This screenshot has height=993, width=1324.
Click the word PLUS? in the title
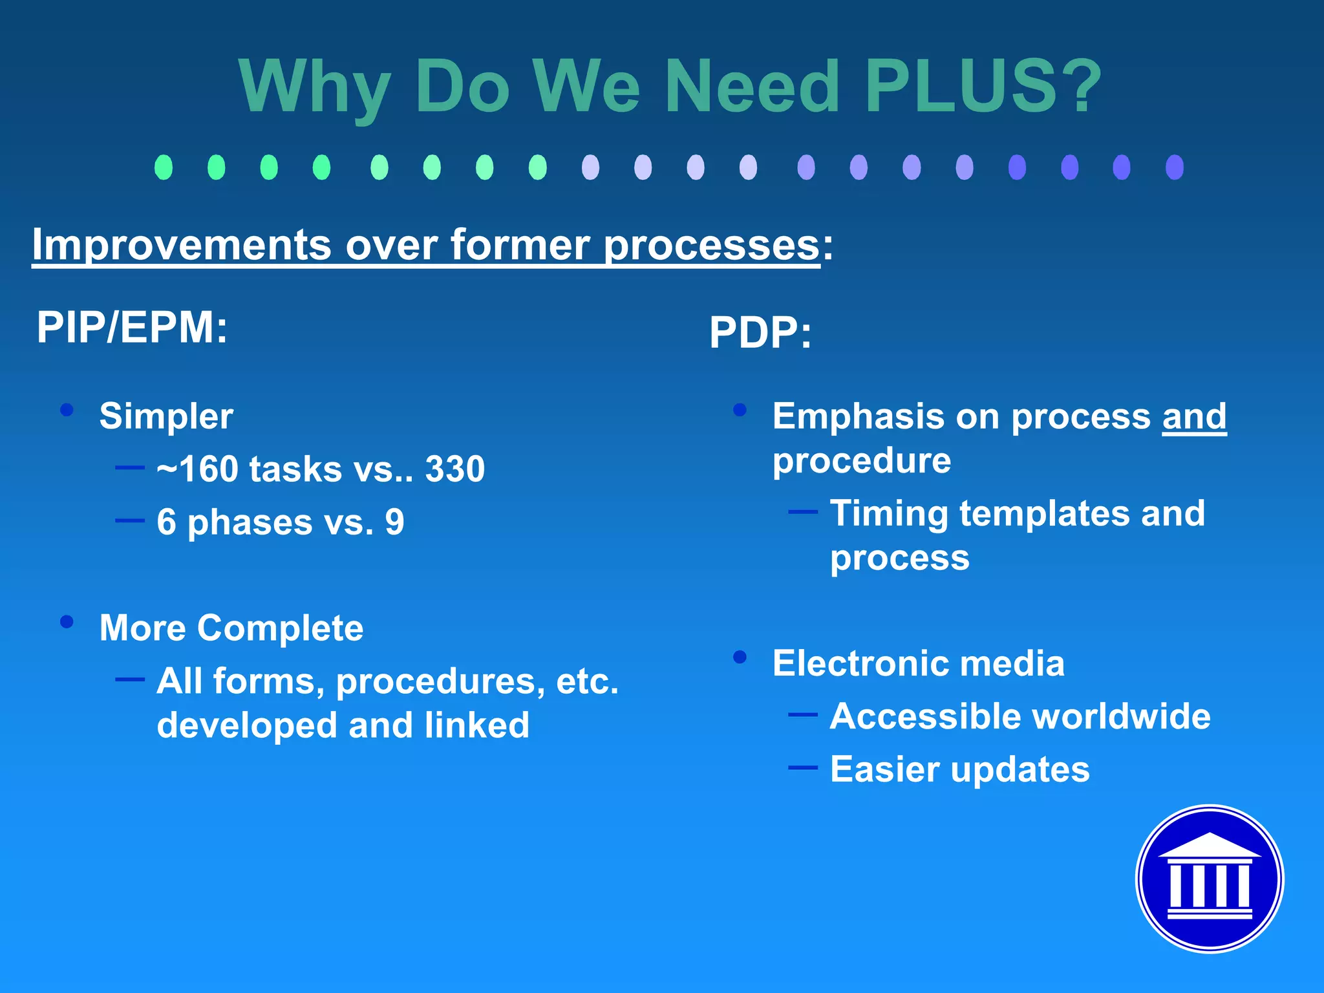tap(983, 86)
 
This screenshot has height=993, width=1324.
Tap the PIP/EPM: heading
tap(132, 327)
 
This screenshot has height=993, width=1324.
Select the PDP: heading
tap(760, 333)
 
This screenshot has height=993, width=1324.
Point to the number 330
tap(454, 469)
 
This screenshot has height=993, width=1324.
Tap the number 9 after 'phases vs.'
tap(394, 522)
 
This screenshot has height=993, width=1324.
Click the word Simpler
tap(166, 416)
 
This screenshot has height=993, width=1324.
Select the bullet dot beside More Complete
tap(67, 621)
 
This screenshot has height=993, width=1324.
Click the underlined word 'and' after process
tap(1194, 416)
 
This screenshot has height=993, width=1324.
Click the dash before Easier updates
tap(803, 767)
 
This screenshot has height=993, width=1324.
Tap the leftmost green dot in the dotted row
tap(164, 167)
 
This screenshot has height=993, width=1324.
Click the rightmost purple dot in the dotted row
tap(1174, 167)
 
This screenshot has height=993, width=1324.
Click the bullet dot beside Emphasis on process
tap(740, 409)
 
